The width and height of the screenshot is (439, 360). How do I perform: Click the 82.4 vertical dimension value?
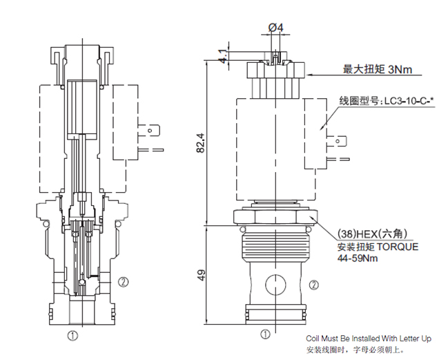tap(202, 142)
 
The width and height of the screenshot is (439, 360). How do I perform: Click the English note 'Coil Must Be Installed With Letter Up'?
tap(369, 339)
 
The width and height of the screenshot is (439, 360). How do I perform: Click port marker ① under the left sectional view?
tap(71, 336)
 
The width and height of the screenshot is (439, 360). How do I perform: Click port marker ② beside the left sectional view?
tap(123, 281)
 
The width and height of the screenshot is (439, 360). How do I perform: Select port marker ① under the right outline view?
tap(265, 336)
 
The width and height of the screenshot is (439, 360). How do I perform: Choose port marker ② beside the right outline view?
tap(314, 284)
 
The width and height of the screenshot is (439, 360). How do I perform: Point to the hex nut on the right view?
tap(275, 217)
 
